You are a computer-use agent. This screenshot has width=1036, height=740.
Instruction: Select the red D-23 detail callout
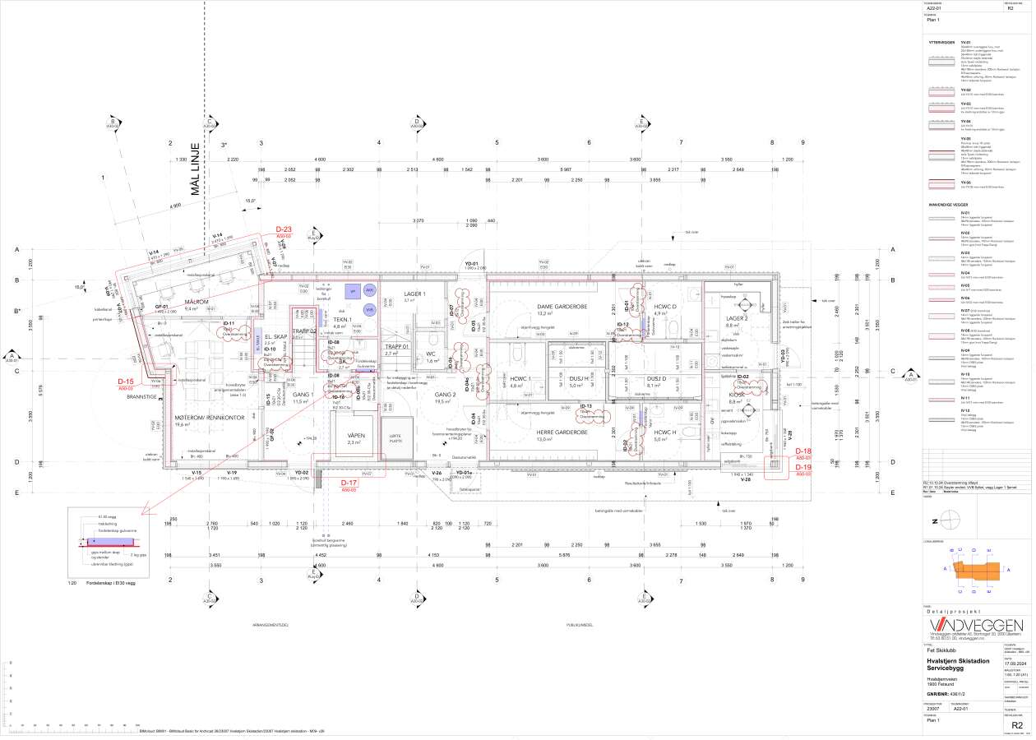(284, 229)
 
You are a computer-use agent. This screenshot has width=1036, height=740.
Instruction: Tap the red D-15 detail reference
(125, 382)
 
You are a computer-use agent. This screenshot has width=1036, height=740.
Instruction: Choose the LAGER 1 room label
(414, 294)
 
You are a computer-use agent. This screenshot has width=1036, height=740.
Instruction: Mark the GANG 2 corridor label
(445, 395)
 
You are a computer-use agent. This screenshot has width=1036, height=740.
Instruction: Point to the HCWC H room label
(664, 432)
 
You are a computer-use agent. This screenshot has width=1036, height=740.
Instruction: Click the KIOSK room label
(736, 394)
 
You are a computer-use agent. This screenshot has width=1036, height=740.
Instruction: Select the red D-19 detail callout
(802, 467)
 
